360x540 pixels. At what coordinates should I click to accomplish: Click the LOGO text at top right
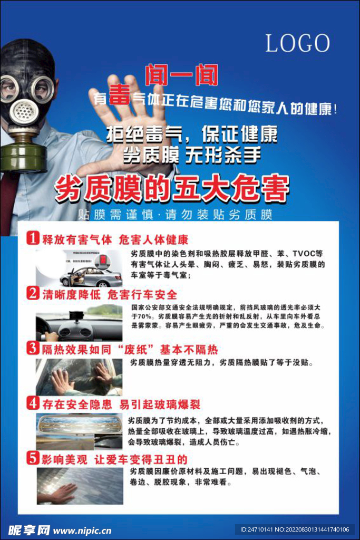(x=298, y=43)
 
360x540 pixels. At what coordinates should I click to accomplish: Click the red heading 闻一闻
(x=182, y=75)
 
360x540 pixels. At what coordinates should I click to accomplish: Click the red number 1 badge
(x=33, y=238)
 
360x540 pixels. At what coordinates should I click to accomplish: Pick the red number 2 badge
(x=33, y=293)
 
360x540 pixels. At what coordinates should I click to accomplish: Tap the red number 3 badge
(x=33, y=349)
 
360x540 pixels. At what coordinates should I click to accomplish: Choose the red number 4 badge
(x=33, y=403)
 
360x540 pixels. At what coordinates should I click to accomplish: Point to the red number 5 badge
(x=33, y=458)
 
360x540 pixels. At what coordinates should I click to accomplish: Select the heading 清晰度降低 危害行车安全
(x=110, y=294)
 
